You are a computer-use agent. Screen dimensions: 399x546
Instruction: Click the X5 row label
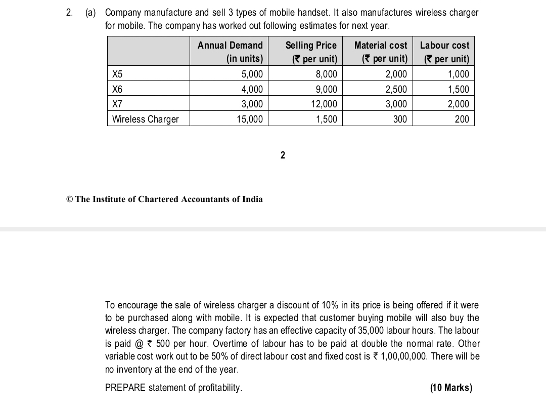click(117, 74)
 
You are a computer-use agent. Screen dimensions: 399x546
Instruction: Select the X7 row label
click(117, 104)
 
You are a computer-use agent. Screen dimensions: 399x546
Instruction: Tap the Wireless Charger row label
click(145, 119)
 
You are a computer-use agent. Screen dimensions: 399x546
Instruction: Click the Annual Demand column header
click(230, 52)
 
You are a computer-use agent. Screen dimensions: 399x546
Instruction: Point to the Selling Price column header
click(311, 52)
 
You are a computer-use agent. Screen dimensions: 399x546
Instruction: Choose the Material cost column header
click(381, 52)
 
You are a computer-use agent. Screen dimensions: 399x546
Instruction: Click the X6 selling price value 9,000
click(326, 90)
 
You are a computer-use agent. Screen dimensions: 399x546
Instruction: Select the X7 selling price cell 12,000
click(324, 104)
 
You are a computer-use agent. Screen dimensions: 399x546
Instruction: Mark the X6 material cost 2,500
click(396, 90)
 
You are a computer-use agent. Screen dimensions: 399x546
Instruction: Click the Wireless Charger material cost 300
click(400, 119)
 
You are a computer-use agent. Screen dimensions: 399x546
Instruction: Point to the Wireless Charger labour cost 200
click(462, 119)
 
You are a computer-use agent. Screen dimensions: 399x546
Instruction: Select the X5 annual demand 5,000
click(252, 74)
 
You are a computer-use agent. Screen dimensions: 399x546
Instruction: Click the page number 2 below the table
click(283, 155)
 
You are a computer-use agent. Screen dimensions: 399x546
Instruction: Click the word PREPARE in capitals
click(125, 388)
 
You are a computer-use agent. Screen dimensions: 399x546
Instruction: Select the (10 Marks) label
click(451, 388)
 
